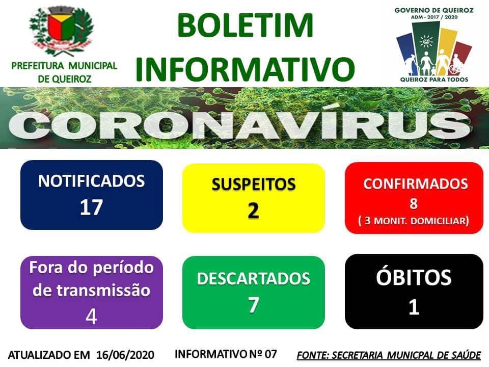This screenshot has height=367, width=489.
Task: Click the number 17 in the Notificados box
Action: point(91,207)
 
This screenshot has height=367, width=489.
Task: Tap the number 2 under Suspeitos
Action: point(253,211)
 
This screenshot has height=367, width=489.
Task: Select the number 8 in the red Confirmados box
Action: point(414,203)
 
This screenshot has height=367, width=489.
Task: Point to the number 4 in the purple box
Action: point(91,317)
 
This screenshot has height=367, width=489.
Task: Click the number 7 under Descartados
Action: point(254,305)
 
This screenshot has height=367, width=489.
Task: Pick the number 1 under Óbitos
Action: point(414,306)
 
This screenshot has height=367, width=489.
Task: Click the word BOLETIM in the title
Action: point(245,25)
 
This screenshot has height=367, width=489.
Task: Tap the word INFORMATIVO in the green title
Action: point(245,68)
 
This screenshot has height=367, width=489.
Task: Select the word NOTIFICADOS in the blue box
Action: point(91,181)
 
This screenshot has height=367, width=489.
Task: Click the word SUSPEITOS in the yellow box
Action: point(254,184)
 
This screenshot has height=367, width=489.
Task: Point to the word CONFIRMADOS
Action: point(416,184)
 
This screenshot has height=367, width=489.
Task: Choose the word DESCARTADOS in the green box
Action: point(254,278)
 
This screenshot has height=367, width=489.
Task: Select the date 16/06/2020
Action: point(125,355)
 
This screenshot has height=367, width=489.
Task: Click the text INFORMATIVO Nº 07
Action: point(226,354)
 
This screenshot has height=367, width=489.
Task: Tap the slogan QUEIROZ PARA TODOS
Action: point(434,80)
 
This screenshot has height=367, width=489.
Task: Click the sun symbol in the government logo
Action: point(426,41)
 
